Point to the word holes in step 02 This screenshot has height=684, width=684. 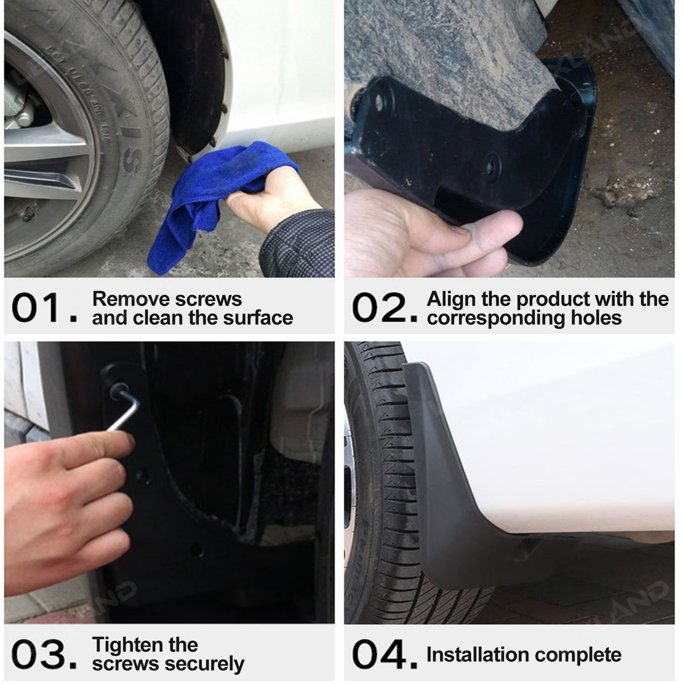pyautogui.click(x=596, y=318)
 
